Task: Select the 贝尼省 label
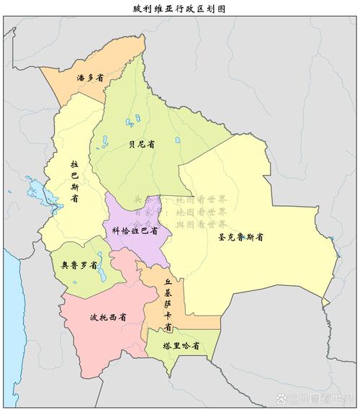(x=142, y=144)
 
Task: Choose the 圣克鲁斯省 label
(x=240, y=236)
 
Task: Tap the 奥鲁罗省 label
(x=79, y=265)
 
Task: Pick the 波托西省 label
(x=109, y=317)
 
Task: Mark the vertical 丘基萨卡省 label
(x=168, y=305)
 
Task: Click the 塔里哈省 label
(x=181, y=346)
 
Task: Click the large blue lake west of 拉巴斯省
(x=35, y=191)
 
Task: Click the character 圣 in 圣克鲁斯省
(x=221, y=236)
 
